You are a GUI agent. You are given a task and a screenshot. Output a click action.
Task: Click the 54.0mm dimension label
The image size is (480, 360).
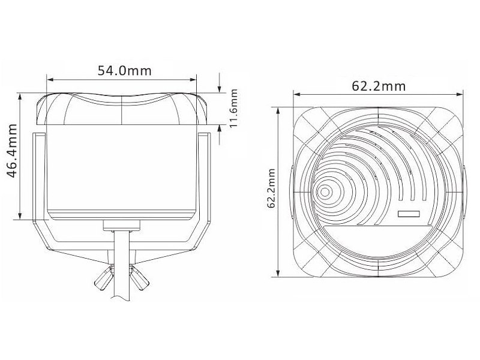pos(124,71)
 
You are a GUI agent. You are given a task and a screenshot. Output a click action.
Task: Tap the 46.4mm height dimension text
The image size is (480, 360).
pos(12,151)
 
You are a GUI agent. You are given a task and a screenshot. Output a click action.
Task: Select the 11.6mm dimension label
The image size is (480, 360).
pos(233,109)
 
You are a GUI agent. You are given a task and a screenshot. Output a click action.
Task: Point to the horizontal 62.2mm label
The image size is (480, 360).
pos(379,86)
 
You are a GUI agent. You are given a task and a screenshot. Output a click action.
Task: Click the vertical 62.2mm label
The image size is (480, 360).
pos(271,188)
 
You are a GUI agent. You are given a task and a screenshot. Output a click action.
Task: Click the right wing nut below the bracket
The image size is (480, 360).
pos(139,278)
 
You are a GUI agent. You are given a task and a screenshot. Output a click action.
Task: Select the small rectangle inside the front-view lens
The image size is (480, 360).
pos(409,214)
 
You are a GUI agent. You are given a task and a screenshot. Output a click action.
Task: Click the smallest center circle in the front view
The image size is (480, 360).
pos(325,192)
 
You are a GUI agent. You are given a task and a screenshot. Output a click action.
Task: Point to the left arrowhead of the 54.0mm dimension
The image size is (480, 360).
pos(50,80)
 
